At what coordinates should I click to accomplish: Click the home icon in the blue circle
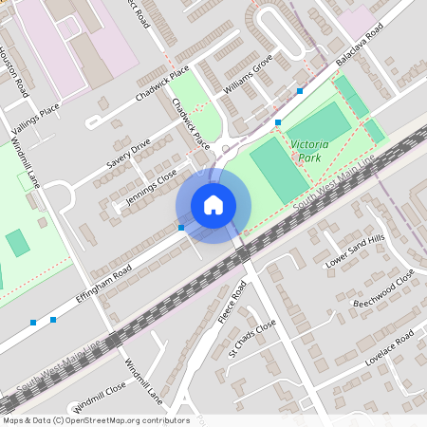tap(213, 204)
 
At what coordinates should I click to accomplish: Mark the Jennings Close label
tap(153, 186)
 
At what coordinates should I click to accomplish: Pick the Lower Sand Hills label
tap(355, 250)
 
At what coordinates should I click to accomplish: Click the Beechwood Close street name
tap(383, 290)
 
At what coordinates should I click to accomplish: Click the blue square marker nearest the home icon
tap(181, 228)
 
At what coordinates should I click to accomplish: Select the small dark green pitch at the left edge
tap(17, 243)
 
